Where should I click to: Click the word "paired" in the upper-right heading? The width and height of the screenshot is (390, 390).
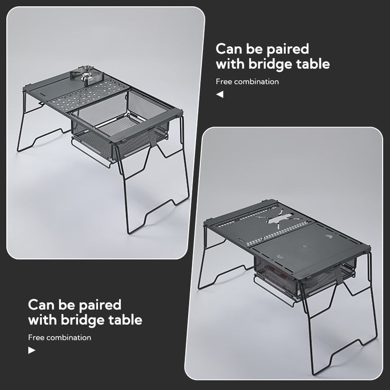[288, 49]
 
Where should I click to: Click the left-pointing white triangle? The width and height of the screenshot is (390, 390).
[220, 94]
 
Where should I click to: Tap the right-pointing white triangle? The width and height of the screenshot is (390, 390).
[32, 350]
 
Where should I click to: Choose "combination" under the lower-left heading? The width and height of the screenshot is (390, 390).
[69, 337]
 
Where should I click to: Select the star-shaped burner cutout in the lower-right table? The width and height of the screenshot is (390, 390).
[278, 219]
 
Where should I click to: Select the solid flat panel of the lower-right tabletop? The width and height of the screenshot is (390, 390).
[308, 246]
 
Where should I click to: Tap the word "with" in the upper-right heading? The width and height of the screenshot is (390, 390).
[230, 64]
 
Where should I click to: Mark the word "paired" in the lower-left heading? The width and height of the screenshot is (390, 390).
[100, 306]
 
